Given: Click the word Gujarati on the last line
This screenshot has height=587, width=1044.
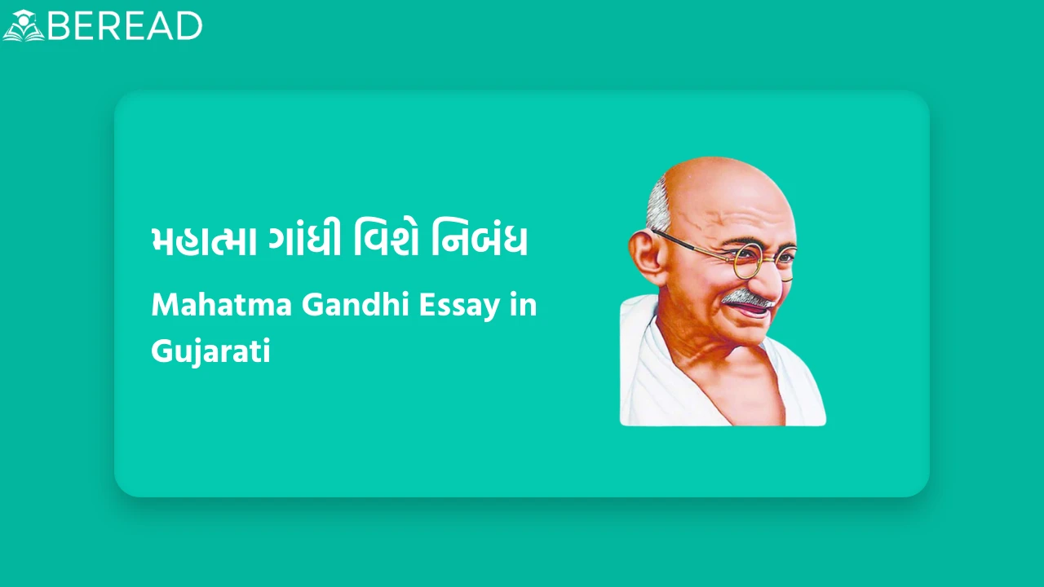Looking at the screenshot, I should click(x=210, y=352).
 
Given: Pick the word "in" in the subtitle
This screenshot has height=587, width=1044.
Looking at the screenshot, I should click(x=523, y=306).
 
